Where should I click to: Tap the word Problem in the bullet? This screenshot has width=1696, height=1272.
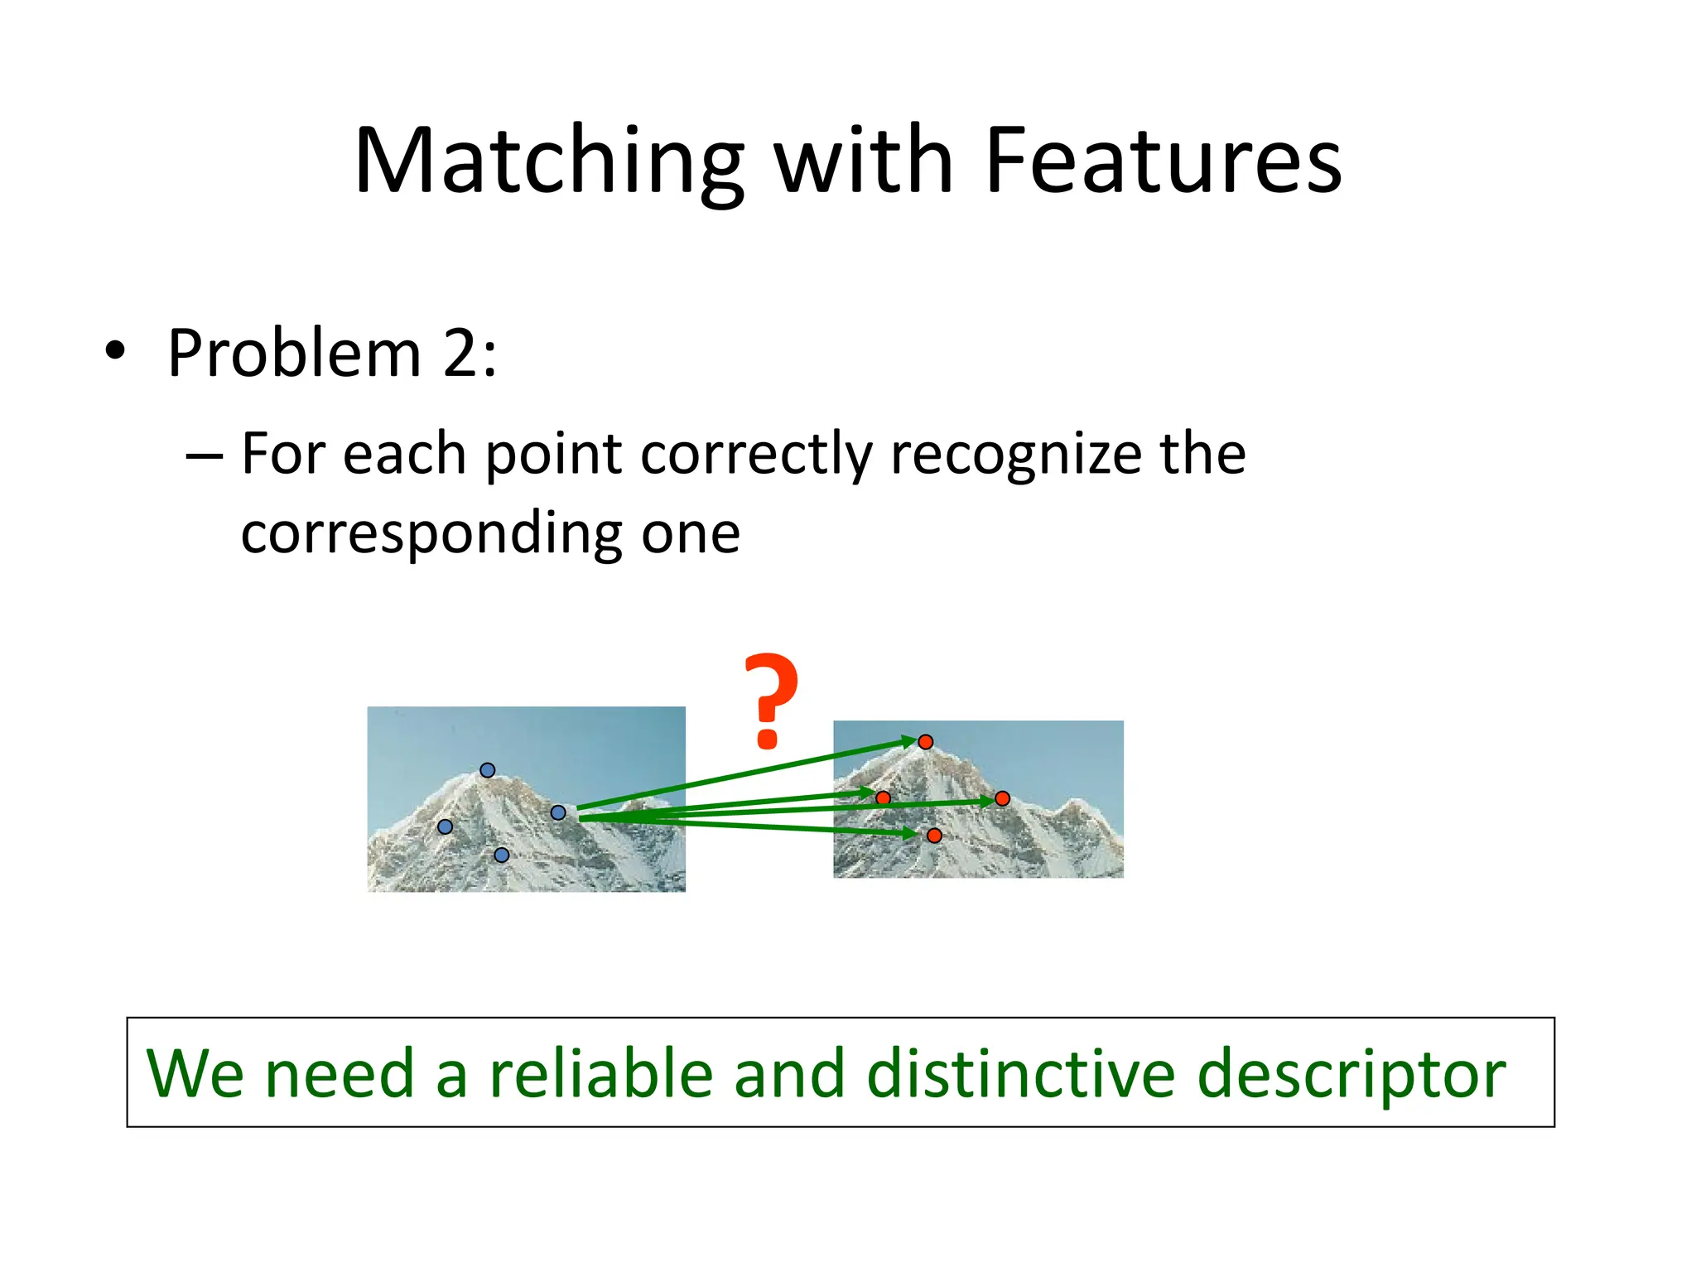294,354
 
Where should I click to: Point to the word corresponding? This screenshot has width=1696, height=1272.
431,534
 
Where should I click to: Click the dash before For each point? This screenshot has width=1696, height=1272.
204,455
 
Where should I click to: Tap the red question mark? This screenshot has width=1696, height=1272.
770,701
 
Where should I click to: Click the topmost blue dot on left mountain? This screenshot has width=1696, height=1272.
488,770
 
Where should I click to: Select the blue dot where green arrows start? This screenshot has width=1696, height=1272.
558,813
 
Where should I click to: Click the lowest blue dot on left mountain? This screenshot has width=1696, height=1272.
501,855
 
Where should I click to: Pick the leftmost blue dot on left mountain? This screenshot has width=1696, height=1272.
445,826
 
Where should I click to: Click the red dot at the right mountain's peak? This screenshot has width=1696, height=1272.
926,742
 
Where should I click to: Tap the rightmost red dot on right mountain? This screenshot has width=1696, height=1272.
1002,798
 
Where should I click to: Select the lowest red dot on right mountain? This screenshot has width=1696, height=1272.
934,836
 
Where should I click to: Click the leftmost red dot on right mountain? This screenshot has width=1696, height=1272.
883,798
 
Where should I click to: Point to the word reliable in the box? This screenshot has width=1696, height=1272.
601,1074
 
